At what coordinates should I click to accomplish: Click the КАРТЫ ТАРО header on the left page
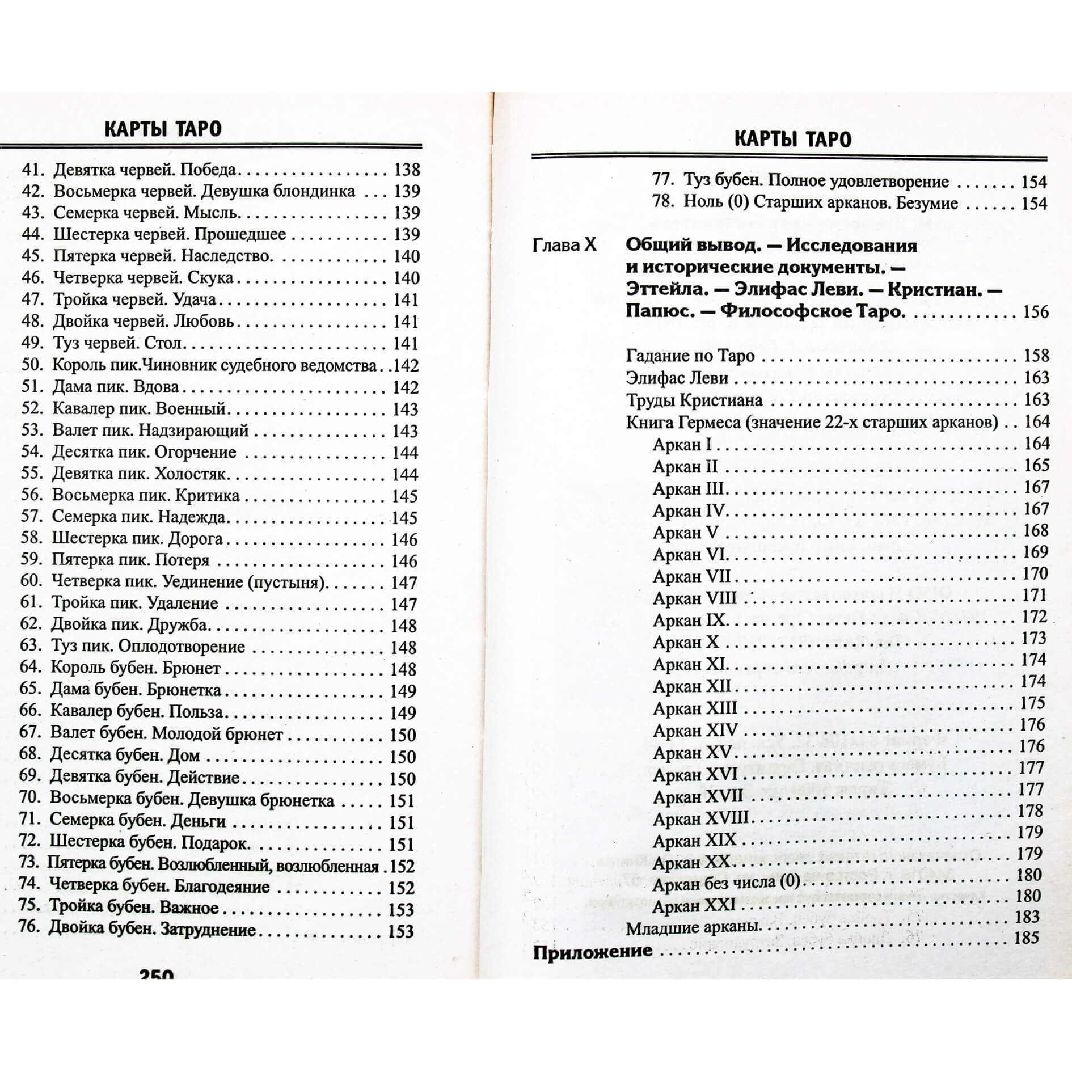(163, 129)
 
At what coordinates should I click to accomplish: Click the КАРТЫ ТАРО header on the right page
(792, 140)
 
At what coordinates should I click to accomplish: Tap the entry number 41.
(33, 170)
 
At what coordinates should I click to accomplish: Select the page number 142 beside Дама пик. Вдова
(406, 387)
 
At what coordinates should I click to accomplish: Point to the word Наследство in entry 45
(226, 256)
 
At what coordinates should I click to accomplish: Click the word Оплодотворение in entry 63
(182, 647)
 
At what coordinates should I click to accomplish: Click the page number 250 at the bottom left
(157, 975)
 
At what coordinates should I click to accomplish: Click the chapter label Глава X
(564, 245)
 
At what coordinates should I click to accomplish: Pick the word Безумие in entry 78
(928, 203)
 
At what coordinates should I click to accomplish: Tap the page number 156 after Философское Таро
(1036, 312)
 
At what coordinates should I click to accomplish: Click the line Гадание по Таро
(690, 356)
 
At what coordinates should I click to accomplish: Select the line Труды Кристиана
(694, 400)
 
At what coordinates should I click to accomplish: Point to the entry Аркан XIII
(695, 708)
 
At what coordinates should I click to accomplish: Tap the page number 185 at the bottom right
(1027, 937)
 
